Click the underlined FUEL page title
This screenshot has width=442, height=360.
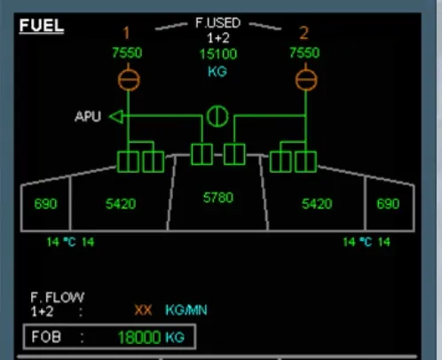(42, 26)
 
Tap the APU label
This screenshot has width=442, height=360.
(88, 116)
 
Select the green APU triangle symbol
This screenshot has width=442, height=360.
(116, 117)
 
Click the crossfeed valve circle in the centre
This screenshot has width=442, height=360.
(217, 116)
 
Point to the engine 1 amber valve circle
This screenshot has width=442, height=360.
(129, 80)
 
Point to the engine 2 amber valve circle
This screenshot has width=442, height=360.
(306, 80)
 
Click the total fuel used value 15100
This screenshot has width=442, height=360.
(218, 54)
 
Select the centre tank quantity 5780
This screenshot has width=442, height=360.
(218, 198)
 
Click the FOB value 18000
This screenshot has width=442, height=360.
(139, 337)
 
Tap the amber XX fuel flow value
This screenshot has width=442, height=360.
(143, 310)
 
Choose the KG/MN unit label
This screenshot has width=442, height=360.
(186, 310)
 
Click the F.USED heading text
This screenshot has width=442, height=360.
(217, 23)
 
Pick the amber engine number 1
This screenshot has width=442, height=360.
(126, 33)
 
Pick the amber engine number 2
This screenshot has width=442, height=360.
(304, 33)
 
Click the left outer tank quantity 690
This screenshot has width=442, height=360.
(45, 204)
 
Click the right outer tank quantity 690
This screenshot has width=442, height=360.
(388, 204)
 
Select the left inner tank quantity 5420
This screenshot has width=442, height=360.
(121, 204)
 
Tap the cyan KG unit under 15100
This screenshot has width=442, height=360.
(217, 72)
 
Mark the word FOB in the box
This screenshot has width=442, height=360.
(46, 337)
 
